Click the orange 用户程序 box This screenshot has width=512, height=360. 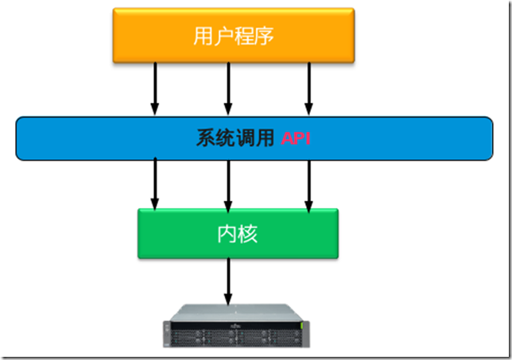coord(233,36)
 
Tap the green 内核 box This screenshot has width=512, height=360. coord(237,234)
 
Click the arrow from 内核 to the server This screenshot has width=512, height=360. coord(229,282)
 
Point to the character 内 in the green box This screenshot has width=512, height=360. coord(227,234)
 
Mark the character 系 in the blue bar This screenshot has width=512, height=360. coord(206,138)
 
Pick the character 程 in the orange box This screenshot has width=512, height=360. coord(244,37)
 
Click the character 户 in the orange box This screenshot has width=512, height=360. coord(223,37)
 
